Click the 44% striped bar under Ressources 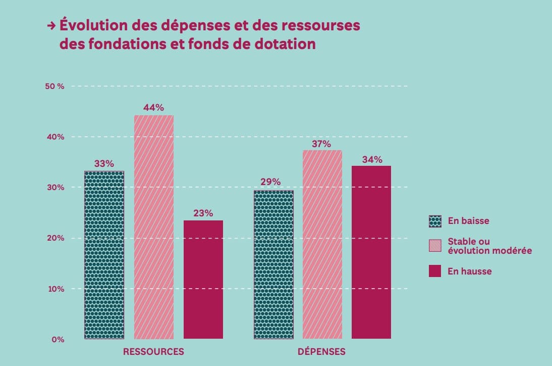(x=154, y=227)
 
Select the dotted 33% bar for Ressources (x=104, y=255)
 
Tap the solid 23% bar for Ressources (x=203, y=280)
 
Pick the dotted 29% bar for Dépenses (x=273, y=264)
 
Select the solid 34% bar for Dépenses (x=371, y=252)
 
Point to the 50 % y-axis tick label (x=54, y=86)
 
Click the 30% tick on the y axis (x=56, y=188)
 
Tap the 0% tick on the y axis (x=58, y=340)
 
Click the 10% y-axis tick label (x=56, y=289)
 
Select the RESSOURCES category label (x=153, y=352)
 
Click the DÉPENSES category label (x=322, y=352)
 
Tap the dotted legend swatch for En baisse (x=435, y=221)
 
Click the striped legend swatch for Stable (x=435, y=246)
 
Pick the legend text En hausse (x=469, y=271)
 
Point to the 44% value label (x=154, y=108)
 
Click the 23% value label (x=203, y=213)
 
